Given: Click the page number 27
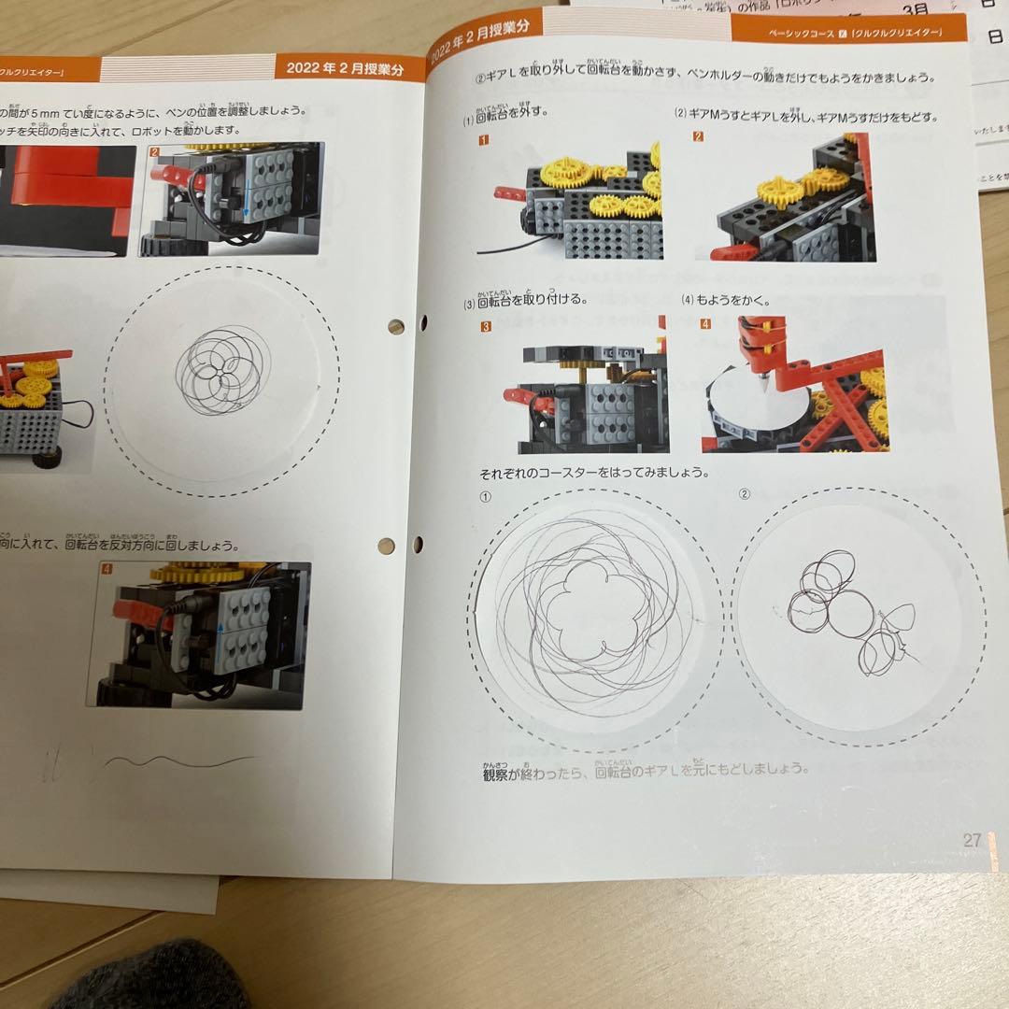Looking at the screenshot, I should [973, 840].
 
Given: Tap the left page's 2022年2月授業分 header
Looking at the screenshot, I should [345, 66].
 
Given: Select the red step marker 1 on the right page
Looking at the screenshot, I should [484, 141].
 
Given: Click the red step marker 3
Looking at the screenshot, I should [486, 327].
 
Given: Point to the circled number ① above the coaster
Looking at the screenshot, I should [485, 497].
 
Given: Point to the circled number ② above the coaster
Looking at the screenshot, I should [745, 493].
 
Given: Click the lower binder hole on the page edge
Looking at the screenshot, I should [386, 545].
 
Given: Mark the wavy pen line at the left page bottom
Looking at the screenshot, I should [178, 760].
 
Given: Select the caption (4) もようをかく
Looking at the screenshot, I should [726, 301].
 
